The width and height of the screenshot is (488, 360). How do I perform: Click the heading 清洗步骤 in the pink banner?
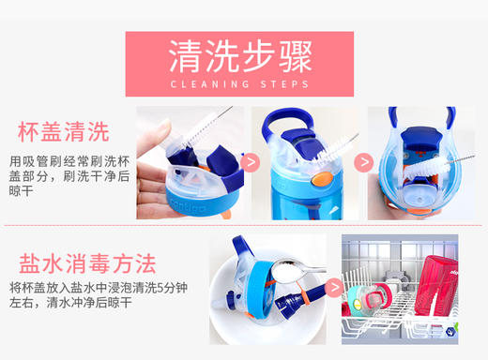point(239,56)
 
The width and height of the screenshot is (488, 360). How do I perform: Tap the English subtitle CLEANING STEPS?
point(239,84)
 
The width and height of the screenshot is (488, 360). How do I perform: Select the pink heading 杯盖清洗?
point(63,130)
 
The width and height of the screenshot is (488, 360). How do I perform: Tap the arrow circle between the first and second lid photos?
point(251,163)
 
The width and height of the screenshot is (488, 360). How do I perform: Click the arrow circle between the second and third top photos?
point(364,163)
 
